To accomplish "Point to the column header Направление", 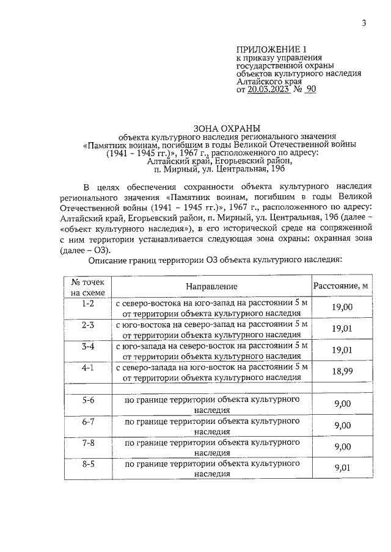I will click(x=212, y=286).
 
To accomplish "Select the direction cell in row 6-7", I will click(x=212, y=426).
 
